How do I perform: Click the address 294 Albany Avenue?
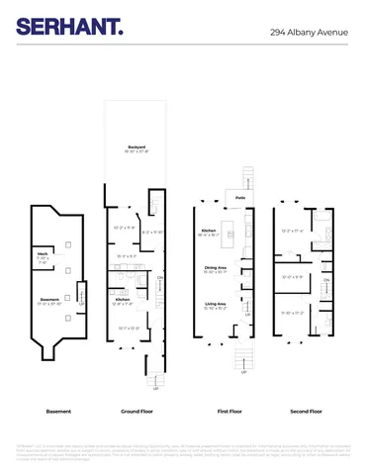[310, 32]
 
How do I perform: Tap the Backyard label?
[137, 147]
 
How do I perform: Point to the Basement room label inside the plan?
[50, 300]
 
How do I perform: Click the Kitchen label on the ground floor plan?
[122, 298]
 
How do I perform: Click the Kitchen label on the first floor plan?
[208, 232]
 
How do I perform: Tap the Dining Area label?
[216, 267]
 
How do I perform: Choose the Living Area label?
[216, 304]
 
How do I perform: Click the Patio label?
[240, 198]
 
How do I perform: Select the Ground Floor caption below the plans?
[136, 411]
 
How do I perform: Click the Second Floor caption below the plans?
[306, 411]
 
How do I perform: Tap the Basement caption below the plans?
[58, 411]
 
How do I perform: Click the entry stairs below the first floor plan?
[243, 358]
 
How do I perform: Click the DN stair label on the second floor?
[325, 280]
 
